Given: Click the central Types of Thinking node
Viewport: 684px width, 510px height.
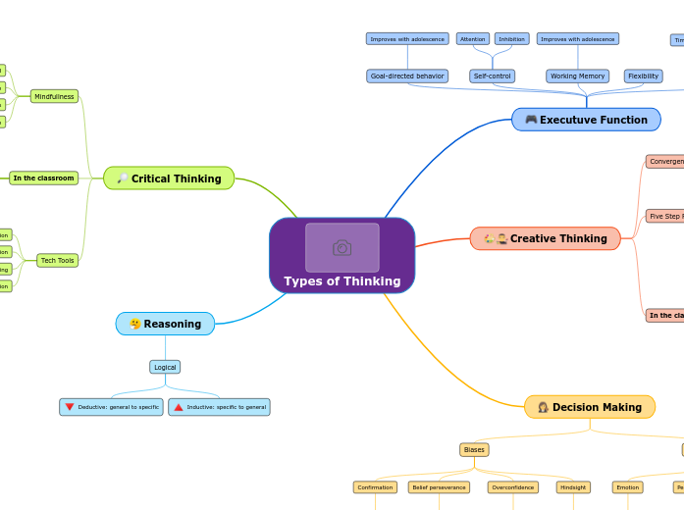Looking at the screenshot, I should [x=342, y=280].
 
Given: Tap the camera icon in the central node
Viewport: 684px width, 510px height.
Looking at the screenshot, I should [x=342, y=247].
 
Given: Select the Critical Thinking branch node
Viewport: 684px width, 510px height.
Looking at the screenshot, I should [x=169, y=178].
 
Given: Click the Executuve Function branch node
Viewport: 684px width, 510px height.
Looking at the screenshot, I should [x=586, y=120].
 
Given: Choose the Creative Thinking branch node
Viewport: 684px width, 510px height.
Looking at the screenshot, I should [x=545, y=238].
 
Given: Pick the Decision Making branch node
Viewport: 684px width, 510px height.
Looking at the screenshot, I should [x=589, y=407].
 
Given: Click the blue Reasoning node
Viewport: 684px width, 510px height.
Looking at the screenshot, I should [x=165, y=324].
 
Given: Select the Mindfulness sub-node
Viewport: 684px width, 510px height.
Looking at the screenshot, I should [x=54, y=96].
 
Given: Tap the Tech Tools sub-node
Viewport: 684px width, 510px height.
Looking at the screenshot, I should [x=57, y=260].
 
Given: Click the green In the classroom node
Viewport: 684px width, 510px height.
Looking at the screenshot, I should [x=43, y=178].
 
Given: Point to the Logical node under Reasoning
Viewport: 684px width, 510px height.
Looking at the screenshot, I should [x=165, y=367].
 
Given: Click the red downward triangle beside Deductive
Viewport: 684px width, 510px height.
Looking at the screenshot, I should [x=70, y=406].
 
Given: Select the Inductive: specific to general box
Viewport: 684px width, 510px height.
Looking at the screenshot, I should [x=219, y=406].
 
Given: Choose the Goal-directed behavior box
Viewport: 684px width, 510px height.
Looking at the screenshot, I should [x=407, y=76].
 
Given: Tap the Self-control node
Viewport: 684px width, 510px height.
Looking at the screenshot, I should [x=492, y=76].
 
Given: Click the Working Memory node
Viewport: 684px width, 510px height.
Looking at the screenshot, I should [x=577, y=76].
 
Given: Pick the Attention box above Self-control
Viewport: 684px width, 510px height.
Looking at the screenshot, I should [x=472, y=39].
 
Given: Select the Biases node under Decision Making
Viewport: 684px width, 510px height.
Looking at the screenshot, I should [x=474, y=449].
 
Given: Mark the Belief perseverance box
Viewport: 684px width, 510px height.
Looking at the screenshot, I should [x=439, y=486].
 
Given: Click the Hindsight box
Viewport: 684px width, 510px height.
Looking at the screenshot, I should [x=572, y=486].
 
